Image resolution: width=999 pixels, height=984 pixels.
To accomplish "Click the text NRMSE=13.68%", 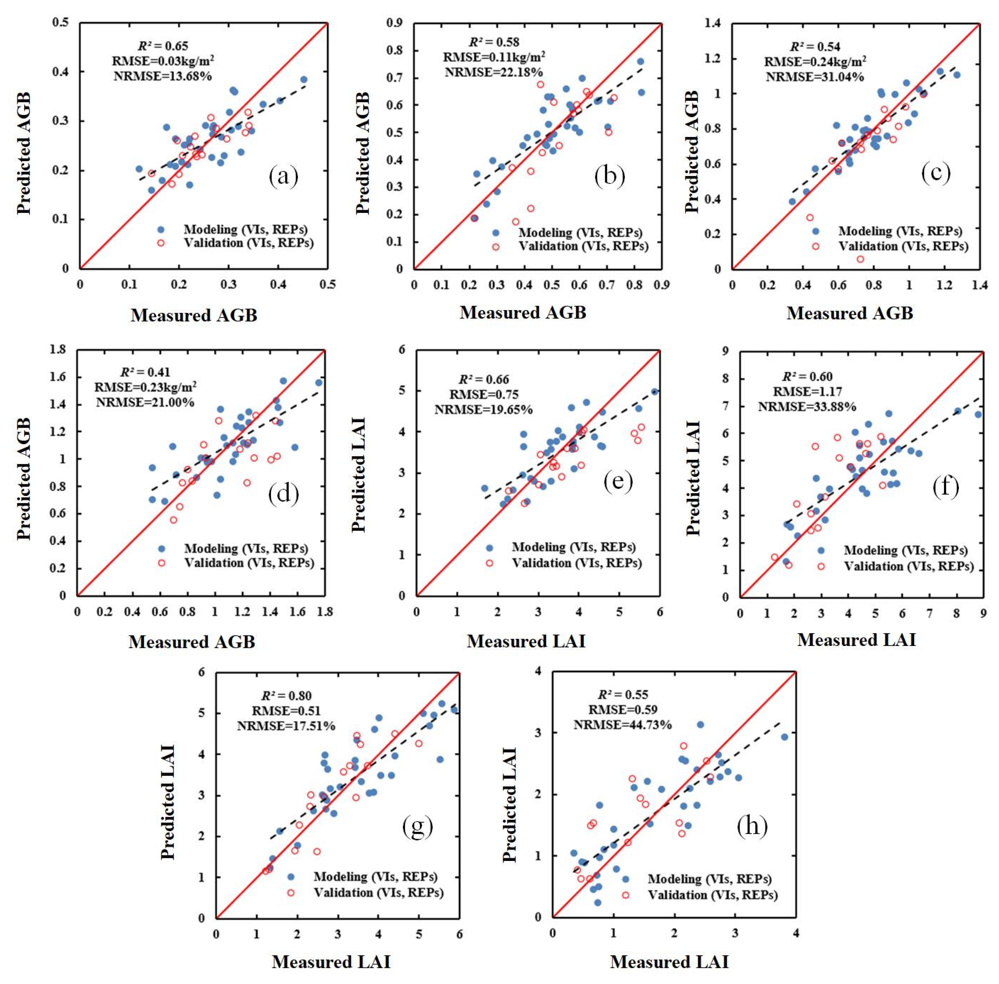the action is (x=163, y=76).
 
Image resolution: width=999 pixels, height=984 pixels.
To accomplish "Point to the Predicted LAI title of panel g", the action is (x=168, y=802).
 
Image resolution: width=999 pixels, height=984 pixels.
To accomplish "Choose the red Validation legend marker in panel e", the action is (x=489, y=563).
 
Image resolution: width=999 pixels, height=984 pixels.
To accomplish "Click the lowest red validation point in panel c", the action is (x=860, y=259).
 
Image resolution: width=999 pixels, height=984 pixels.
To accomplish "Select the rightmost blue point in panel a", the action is (x=304, y=80).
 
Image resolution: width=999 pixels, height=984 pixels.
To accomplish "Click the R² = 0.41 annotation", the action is (x=145, y=372).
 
